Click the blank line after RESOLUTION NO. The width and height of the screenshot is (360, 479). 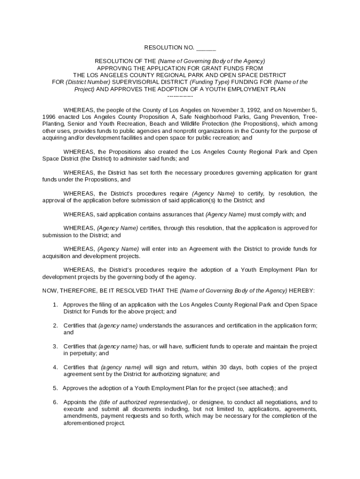tap(206, 48)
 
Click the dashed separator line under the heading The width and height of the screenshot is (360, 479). tap(180, 96)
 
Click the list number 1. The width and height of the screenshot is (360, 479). tap(55, 305)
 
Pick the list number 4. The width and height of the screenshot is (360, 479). tap(55, 367)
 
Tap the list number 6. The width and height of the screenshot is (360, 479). tap(55, 402)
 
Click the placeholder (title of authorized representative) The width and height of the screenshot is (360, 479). tap(144, 402)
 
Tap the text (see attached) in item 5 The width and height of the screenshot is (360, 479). tap(255, 388)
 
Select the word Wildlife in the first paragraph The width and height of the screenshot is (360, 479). tap(241, 124)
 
